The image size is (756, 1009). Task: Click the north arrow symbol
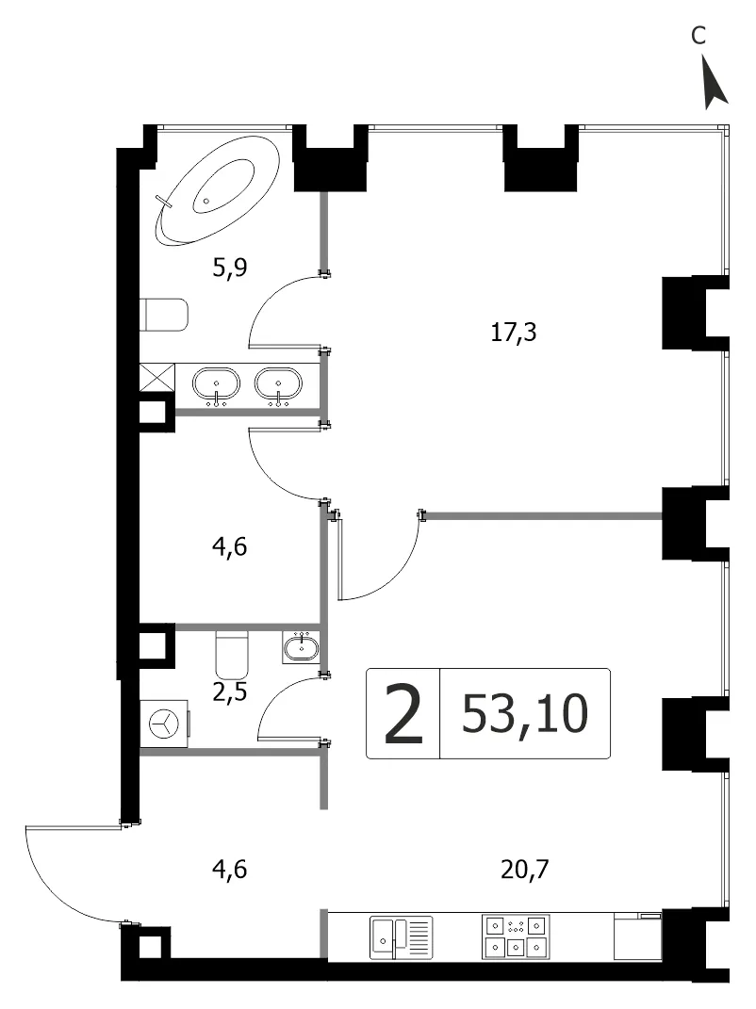pos(715,82)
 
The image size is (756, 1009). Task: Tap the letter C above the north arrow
pos(698,36)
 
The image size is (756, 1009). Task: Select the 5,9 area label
pos(230,267)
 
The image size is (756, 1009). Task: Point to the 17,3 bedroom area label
pos(513,333)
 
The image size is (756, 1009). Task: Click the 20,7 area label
pos(525,870)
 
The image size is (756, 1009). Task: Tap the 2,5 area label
pos(230,693)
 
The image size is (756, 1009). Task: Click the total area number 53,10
pos(525,713)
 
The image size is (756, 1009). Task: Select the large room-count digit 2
pos(403,714)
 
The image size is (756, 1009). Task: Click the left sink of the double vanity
pos(217,385)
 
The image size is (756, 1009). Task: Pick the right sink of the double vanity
pos(278,385)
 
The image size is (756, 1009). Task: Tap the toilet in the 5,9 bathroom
pos(164,315)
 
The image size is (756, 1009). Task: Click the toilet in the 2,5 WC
pos(231,653)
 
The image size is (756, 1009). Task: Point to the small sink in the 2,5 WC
pos(301,646)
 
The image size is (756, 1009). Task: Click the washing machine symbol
pos(165,724)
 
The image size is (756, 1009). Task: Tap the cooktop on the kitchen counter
pos(516,936)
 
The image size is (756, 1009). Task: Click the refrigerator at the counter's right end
pos(638,936)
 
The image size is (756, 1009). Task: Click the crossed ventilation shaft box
pos(157,377)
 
